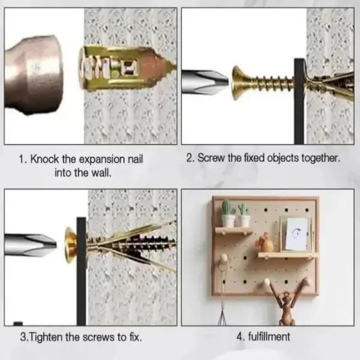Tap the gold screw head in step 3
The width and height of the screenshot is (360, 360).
tap(68, 244)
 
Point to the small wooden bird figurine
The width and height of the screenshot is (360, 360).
tap(265, 242)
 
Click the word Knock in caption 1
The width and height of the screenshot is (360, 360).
tap(43, 160)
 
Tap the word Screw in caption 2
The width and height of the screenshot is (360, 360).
tap(211, 159)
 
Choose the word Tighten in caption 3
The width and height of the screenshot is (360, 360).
tap(47, 337)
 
